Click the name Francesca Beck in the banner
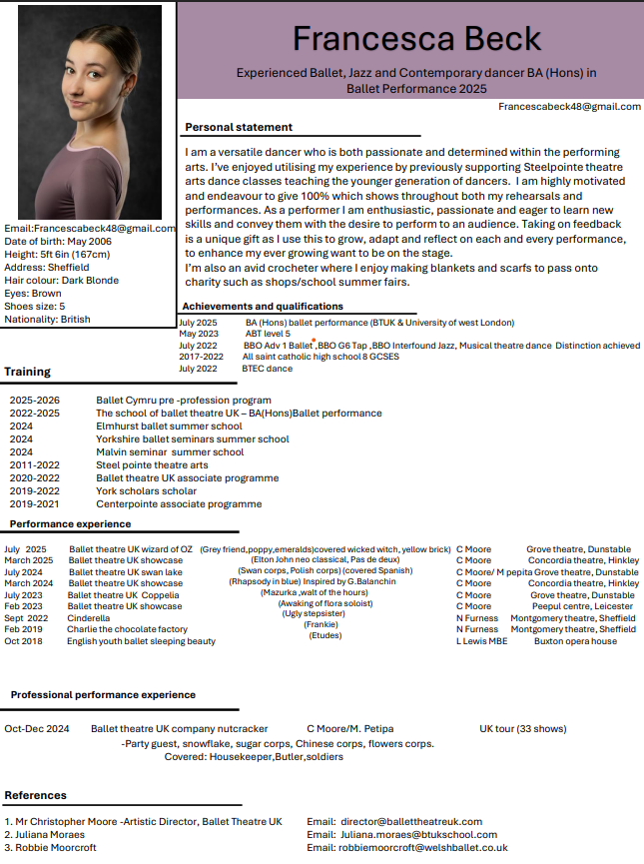click(417, 38)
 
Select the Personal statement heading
click(239, 127)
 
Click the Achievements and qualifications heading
click(263, 306)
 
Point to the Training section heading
click(28, 372)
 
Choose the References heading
click(36, 795)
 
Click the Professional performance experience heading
click(103, 694)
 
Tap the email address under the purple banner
click(569, 106)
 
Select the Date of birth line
click(58, 242)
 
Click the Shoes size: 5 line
click(35, 307)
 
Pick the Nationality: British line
click(47, 320)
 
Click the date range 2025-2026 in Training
click(35, 400)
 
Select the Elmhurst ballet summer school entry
click(169, 426)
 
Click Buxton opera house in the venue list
click(575, 641)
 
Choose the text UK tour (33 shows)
click(522, 728)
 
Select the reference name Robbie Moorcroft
click(56, 847)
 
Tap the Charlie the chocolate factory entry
click(127, 629)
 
